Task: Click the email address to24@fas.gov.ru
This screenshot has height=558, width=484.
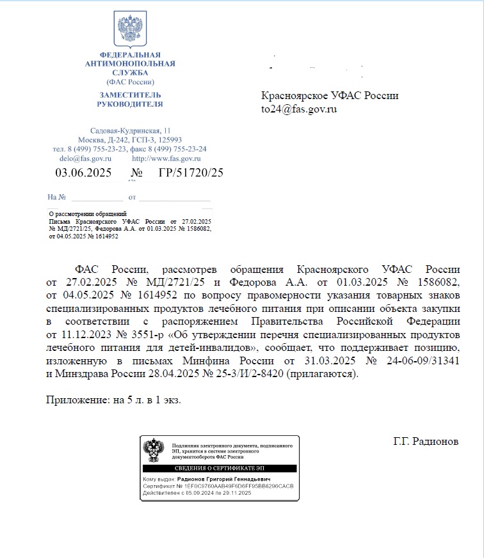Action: pyautogui.click(x=299, y=109)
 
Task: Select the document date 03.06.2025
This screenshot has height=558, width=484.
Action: pyautogui.click(x=83, y=173)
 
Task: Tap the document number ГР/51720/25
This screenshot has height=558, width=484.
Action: pyautogui.click(x=190, y=173)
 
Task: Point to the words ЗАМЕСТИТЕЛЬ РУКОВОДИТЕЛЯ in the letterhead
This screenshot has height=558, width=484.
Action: pyautogui.click(x=130, y=98)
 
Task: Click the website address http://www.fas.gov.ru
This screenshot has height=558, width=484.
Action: pyautogui.click(x=166, y=158)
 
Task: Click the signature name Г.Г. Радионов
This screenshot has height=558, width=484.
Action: pyautogui.click(x=426, y=441)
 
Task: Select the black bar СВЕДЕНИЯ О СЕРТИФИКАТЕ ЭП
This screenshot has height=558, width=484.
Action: pyautogui.click(x=220, y=469)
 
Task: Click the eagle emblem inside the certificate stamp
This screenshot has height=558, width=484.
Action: pyautogui.click(x=153, y=451)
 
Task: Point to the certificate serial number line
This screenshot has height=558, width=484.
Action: pyautogui.click(x=218, y=486)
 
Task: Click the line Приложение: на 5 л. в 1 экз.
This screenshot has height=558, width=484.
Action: pyautogui.click(x=113, y=400)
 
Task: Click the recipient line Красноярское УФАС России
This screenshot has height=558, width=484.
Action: pyautogui.click(x=330, y=96)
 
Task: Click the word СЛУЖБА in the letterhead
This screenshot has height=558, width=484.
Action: pyautogui.click(x=130, y=73)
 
